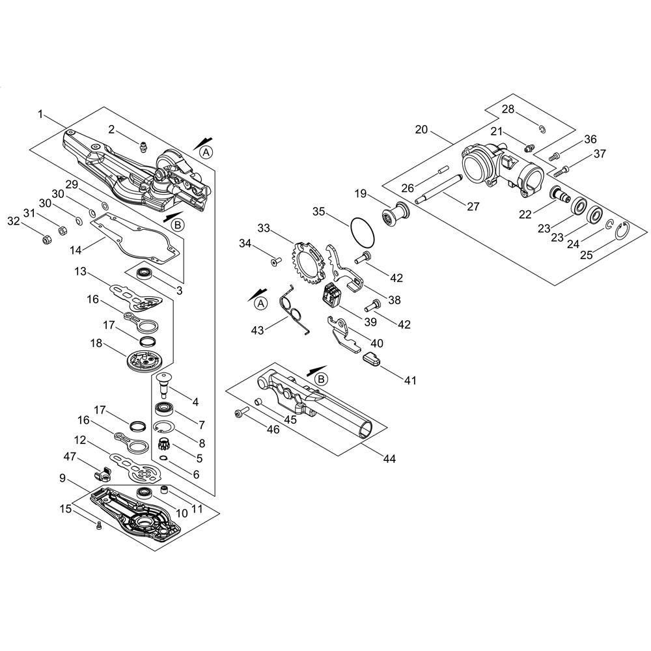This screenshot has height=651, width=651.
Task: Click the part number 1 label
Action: click(40, 114)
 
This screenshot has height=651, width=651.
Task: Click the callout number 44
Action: click(389, 459)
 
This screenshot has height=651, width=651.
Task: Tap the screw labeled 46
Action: click(241, 413)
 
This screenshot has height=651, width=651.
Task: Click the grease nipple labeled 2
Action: click(142, 147)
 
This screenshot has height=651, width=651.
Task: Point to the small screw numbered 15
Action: click(98, 525)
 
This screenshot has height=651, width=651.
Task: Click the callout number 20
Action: click(421, 130)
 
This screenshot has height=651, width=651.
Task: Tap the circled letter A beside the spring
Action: click(261, 303)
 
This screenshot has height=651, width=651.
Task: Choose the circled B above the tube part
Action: click(321, 379)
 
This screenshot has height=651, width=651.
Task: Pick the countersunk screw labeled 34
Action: click(275, 262)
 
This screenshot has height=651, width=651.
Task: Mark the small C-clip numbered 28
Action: click(542, 130)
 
